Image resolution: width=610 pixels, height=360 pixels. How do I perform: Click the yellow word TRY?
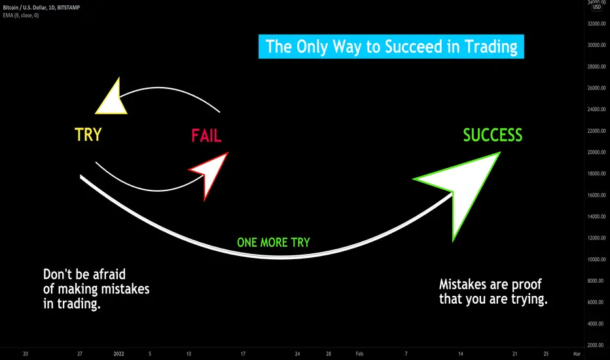click(88, 135)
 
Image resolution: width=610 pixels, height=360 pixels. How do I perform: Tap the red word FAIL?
click(206, 136)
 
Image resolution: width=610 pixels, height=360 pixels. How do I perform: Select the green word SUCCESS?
click(492, 135)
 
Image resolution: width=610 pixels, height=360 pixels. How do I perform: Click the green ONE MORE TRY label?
click(274, 242)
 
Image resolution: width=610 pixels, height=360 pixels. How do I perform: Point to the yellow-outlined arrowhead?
click(112, 99)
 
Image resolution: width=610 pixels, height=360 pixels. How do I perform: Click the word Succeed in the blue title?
click(414, 46)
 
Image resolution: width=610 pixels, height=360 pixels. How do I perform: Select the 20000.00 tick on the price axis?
click(596, 152)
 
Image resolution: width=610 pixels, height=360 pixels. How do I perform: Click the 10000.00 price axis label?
click(596, 259)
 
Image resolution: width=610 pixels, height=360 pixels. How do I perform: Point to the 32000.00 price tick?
click(596, 24)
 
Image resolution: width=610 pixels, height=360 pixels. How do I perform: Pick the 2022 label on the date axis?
click(118, 353)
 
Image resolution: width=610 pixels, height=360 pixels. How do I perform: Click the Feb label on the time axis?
click(359, 353)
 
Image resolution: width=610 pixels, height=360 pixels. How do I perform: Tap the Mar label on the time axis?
click(577, 353)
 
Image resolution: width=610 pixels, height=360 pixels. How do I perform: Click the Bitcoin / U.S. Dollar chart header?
click(41, 7)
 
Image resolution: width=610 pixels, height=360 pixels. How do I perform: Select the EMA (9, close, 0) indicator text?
click(21, 15)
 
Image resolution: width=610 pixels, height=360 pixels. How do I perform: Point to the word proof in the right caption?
click(526, 285)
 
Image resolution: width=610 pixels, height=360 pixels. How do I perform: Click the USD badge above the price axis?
click(596, 7)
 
